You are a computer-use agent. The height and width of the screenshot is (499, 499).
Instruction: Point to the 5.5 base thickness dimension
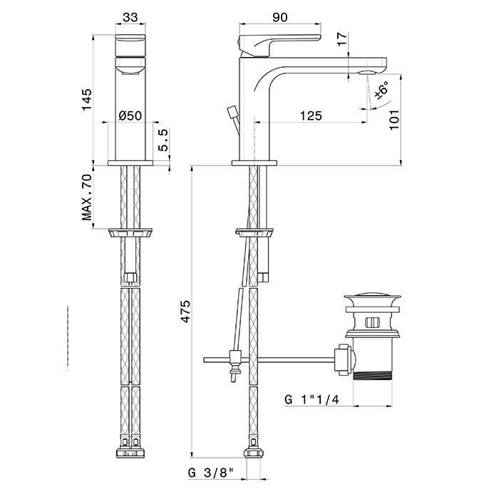click(163, 140)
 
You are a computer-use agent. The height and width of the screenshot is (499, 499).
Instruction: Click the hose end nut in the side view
click(254, 454)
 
